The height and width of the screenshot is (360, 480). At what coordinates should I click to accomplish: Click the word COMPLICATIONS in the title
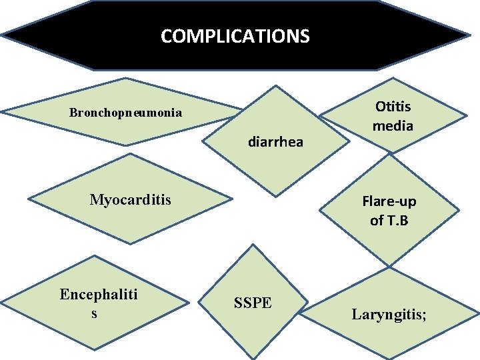tap(235, 35)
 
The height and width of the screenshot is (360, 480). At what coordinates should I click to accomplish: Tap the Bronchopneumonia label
tap(125, 112)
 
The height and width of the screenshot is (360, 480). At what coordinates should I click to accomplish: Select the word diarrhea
tap(275, 141)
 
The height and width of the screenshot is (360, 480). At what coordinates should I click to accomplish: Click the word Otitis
tap(393, 107)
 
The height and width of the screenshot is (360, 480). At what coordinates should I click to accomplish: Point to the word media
tap(393, 125)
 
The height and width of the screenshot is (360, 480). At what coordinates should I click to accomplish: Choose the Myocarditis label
tap(131, 199)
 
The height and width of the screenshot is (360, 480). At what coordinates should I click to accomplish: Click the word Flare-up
tap(389, 201)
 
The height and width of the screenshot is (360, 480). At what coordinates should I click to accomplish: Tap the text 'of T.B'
tap(389, 220)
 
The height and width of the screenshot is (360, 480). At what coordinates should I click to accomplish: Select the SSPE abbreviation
tap(253, 303)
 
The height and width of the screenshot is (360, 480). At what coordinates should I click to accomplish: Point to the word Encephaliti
tap(98, 295)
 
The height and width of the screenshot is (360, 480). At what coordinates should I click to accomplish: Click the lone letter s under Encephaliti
tap(94, 313)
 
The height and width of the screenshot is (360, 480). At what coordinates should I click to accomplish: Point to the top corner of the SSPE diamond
tap(252, 245)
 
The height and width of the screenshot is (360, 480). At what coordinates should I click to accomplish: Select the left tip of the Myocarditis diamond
tap(30, 200)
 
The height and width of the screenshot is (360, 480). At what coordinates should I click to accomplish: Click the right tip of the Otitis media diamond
tap(465, 115)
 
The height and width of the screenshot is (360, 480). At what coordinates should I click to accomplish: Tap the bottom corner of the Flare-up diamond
tap(390, 266)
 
